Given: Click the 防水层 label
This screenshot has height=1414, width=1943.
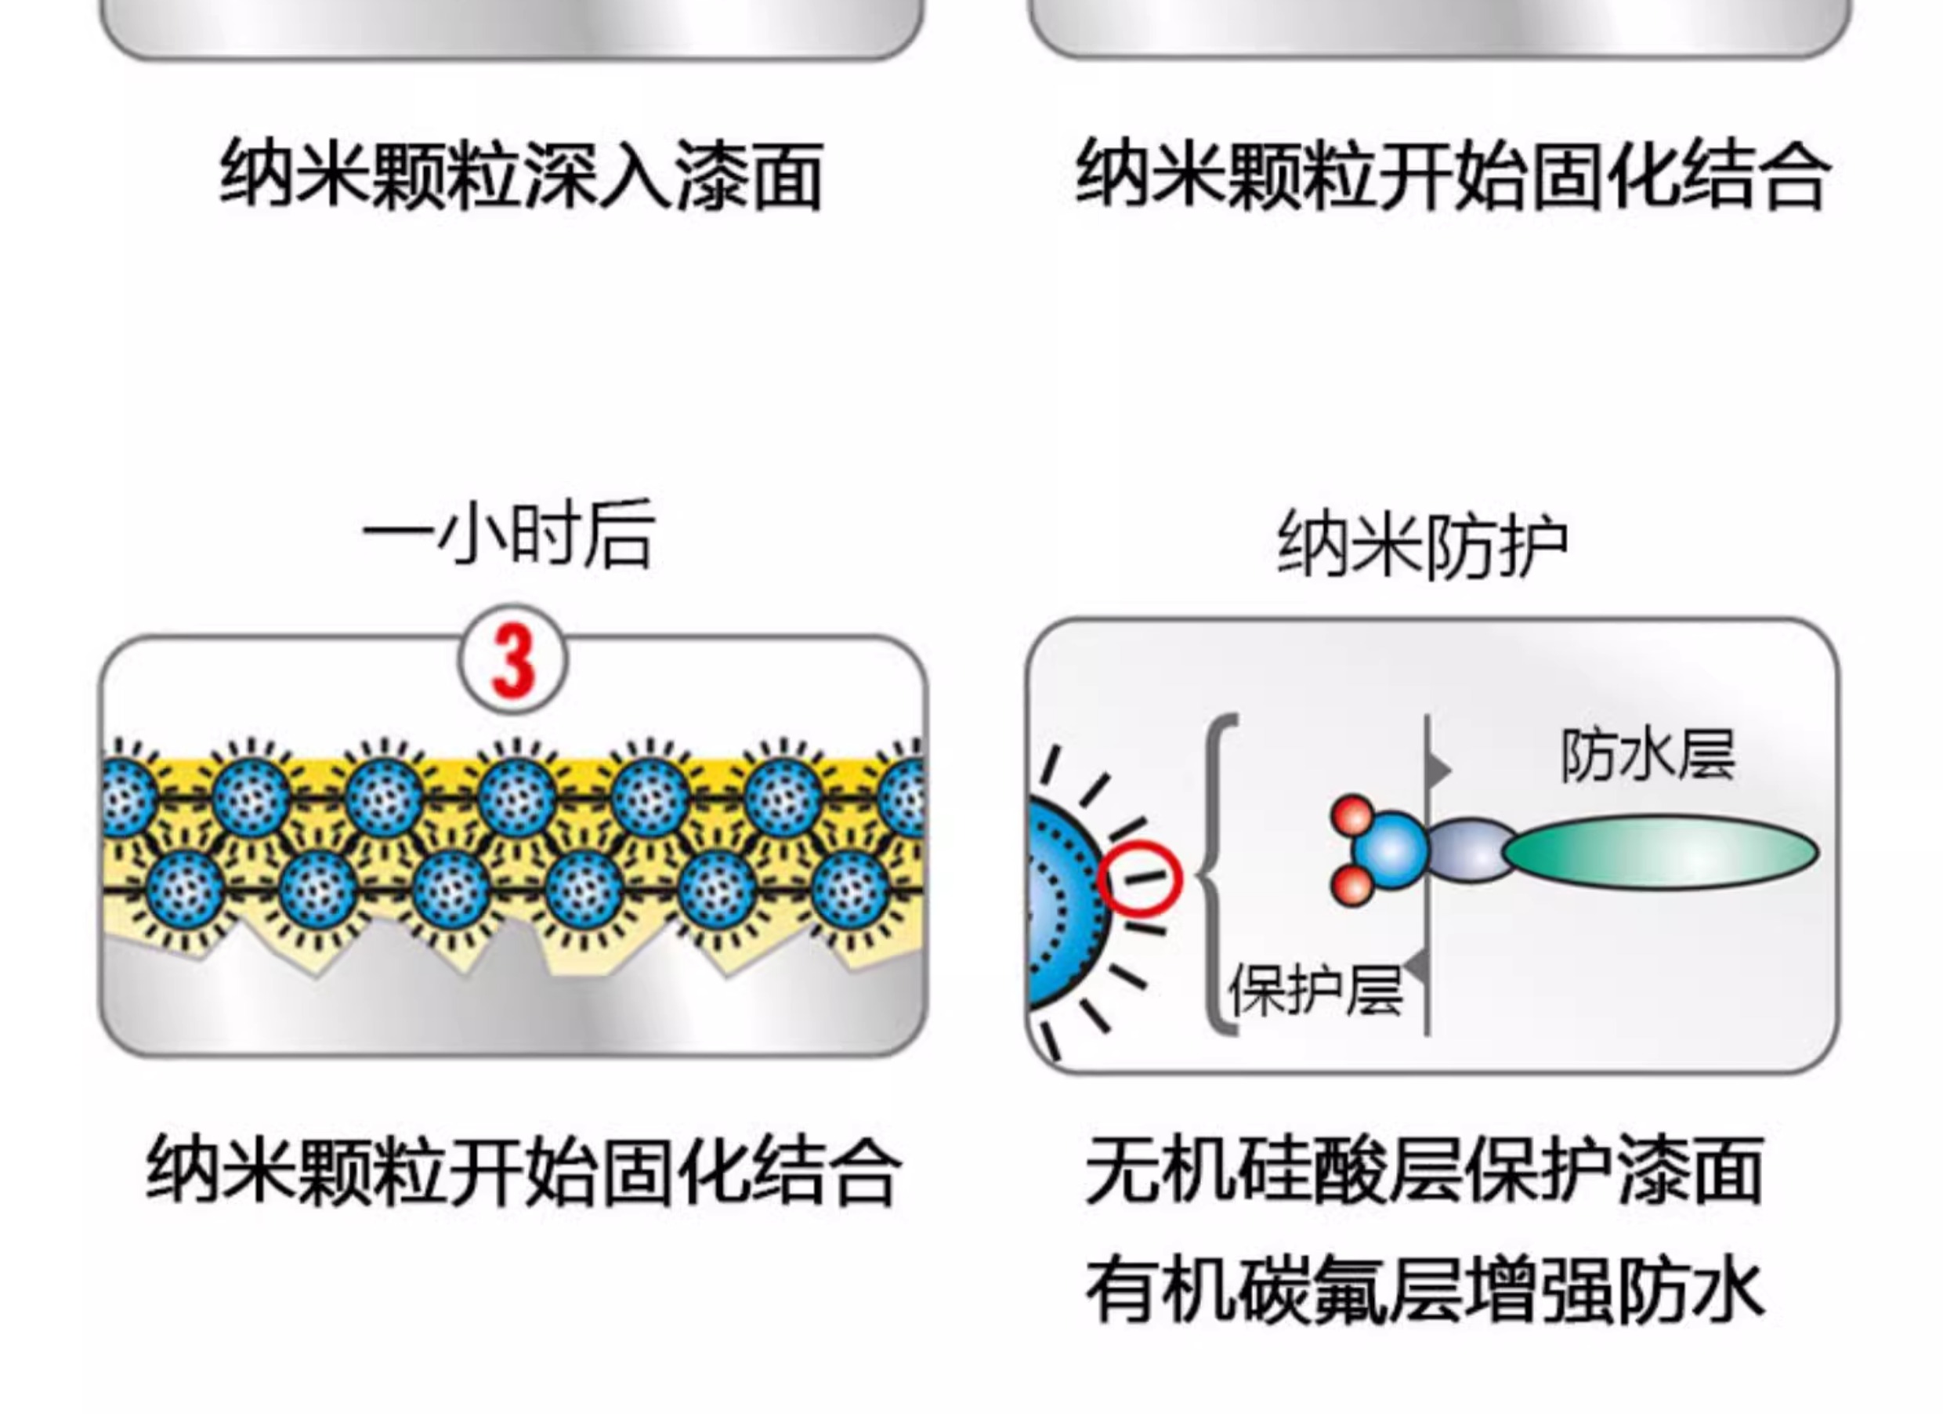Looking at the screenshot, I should click(x=1648, y=756).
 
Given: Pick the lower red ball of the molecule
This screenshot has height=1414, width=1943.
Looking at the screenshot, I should click(x=1353, y=884).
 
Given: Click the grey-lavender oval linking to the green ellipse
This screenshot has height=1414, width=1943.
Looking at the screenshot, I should click(x=1468, y=850).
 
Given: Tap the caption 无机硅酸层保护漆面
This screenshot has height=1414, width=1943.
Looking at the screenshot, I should click(x=1424, y=1169).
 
